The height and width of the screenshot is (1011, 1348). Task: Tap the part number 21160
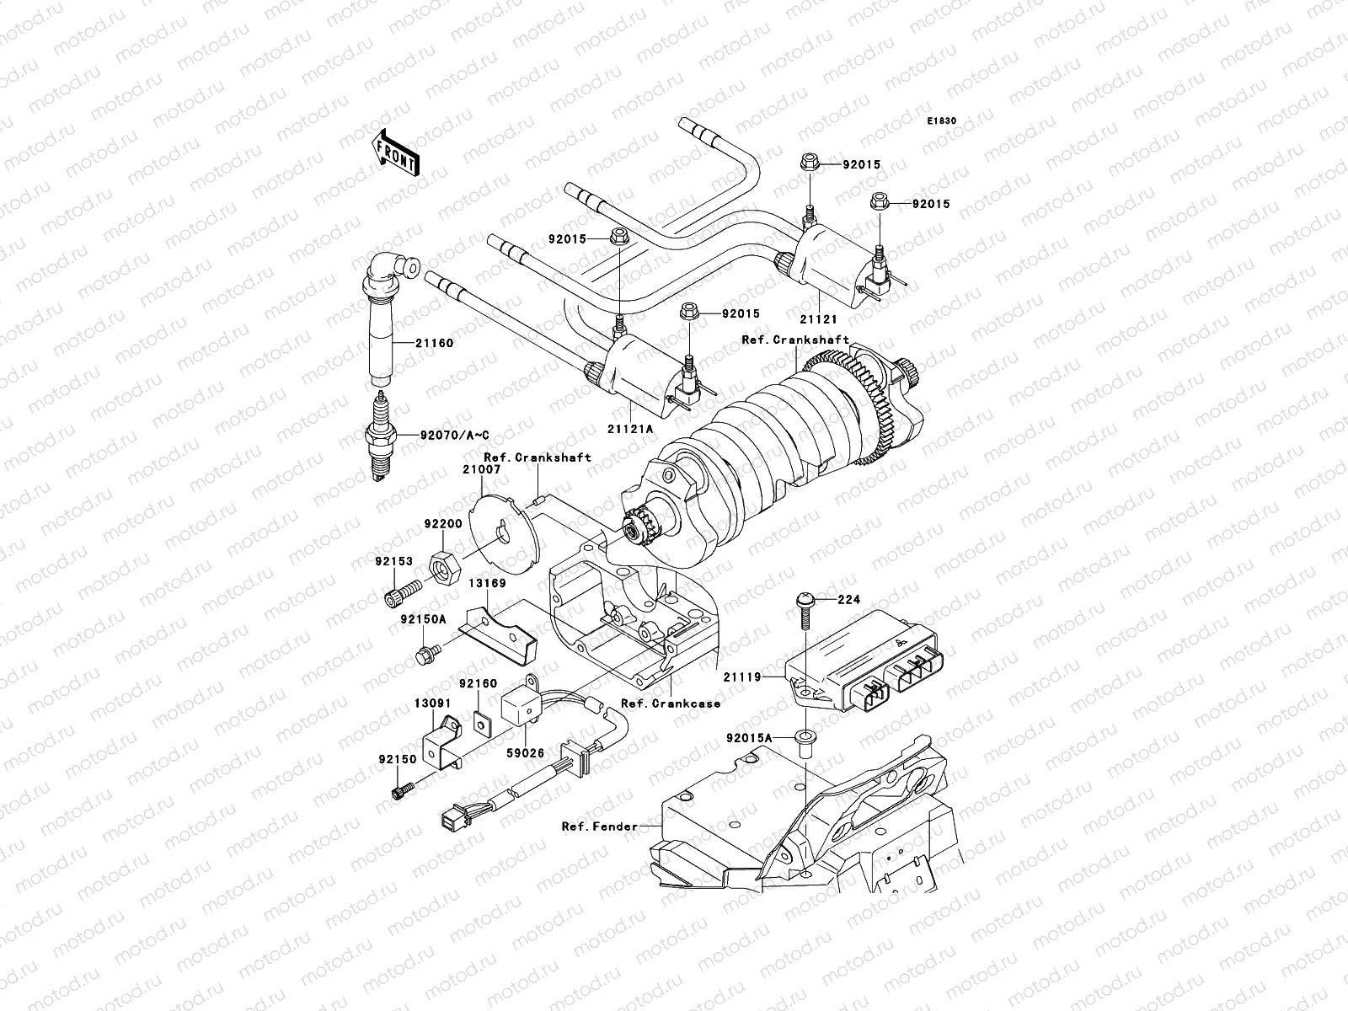point(433,343)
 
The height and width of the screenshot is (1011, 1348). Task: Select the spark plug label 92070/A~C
point(454,435)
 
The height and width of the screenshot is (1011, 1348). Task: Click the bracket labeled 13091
point(446,740)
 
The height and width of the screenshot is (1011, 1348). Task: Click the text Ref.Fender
point(600,826)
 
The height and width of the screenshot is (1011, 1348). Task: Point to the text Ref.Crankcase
point(670,703)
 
